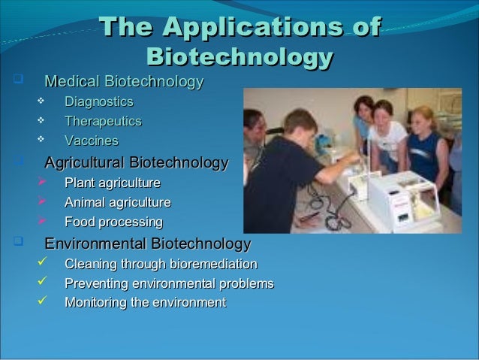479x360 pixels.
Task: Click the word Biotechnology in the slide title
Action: [239, 57]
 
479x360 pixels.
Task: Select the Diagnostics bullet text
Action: [98, 101]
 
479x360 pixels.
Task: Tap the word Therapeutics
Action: [102, 121]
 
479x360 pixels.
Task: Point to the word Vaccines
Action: [91, 141]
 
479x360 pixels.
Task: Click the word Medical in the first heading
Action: [73, 81]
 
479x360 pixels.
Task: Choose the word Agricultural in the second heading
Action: [85, 162]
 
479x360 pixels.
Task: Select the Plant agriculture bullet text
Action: [112, 183]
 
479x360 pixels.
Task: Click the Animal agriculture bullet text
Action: [117, 202]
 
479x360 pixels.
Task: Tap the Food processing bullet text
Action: [113, 222]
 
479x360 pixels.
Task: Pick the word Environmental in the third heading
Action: [96, 244]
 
